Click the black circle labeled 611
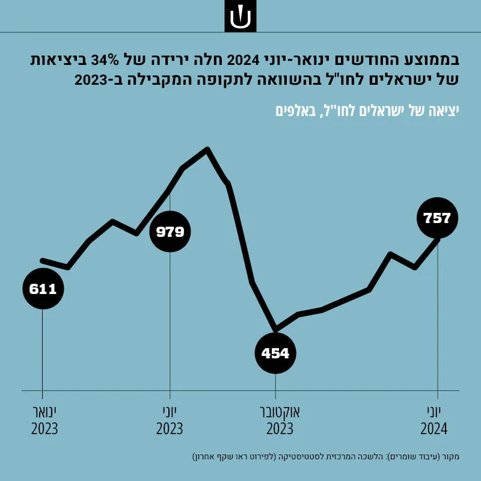click(x=43, y=289)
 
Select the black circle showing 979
click(x=170, y=231)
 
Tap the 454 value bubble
click(x=275, y=353)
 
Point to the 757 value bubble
click(x=438, y=218)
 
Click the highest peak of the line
click(x=207, y=149)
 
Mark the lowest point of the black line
click(x=275, y=329)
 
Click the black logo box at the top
click(x=240, y=16)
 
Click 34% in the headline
click(x=105, y=60)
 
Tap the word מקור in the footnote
click(x=452, y=457)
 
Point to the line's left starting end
click(x=42, y=260)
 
